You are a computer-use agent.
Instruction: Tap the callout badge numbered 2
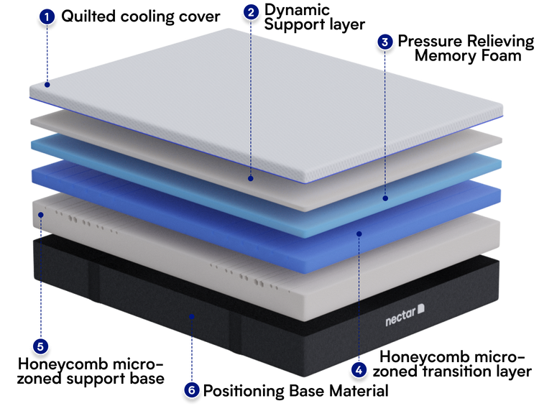click(x=250, y=12)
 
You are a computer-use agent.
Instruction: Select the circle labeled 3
click(x=385, y=42)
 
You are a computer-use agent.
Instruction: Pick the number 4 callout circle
click(x=359, y=370)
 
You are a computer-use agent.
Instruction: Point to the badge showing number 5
click(x=40, y=347)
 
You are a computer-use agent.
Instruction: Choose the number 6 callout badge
click(x=190, y=390)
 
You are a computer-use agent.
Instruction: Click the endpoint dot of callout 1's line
click(x=47, y=85)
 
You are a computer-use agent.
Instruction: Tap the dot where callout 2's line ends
click(x=250, y=177)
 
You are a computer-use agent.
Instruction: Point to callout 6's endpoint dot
click(x=190, y=315)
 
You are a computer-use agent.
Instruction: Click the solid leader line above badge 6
click(x=190, y=352)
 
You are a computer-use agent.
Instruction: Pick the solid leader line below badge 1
click(x=47, y=54)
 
